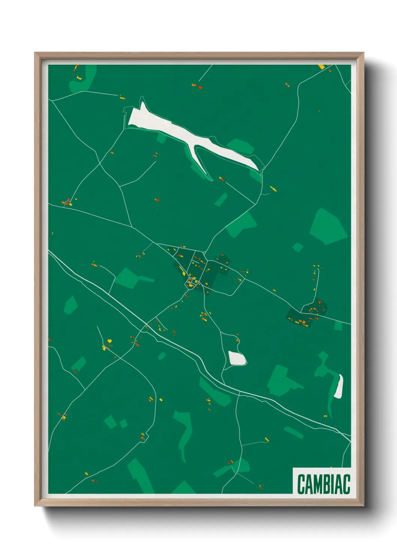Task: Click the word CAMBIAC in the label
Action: [323, 484]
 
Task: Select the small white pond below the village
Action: [237, 358]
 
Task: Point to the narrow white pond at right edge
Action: [338, 387]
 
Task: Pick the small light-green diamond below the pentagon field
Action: [298, 247]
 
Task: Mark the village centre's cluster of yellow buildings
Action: [191, 282]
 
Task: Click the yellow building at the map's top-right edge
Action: [321, 67]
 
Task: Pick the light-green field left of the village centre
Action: [128, 278]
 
